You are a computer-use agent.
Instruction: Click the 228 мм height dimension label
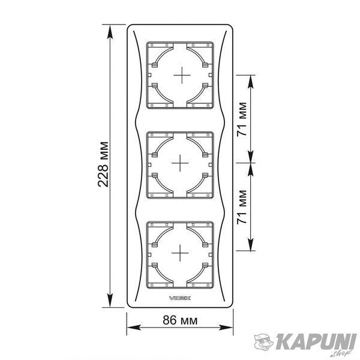(103, 164)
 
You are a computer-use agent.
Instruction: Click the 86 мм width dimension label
(180, 320)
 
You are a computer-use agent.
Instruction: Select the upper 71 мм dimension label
(242, 119)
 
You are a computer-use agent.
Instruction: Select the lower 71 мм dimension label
(242, 207)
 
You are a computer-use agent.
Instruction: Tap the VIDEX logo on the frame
(180, 298)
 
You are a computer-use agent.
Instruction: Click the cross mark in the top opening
(182, 75)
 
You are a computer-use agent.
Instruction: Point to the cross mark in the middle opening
(180, 163)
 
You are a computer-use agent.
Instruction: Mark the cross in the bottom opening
(180, 253)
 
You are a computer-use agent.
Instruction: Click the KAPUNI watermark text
(316, 342)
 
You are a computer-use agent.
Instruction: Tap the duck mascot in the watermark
(263, 342)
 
